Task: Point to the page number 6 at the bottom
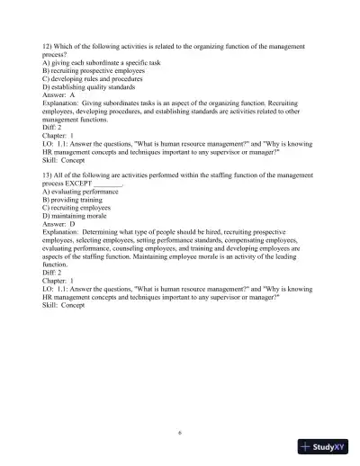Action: (180, 433)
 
